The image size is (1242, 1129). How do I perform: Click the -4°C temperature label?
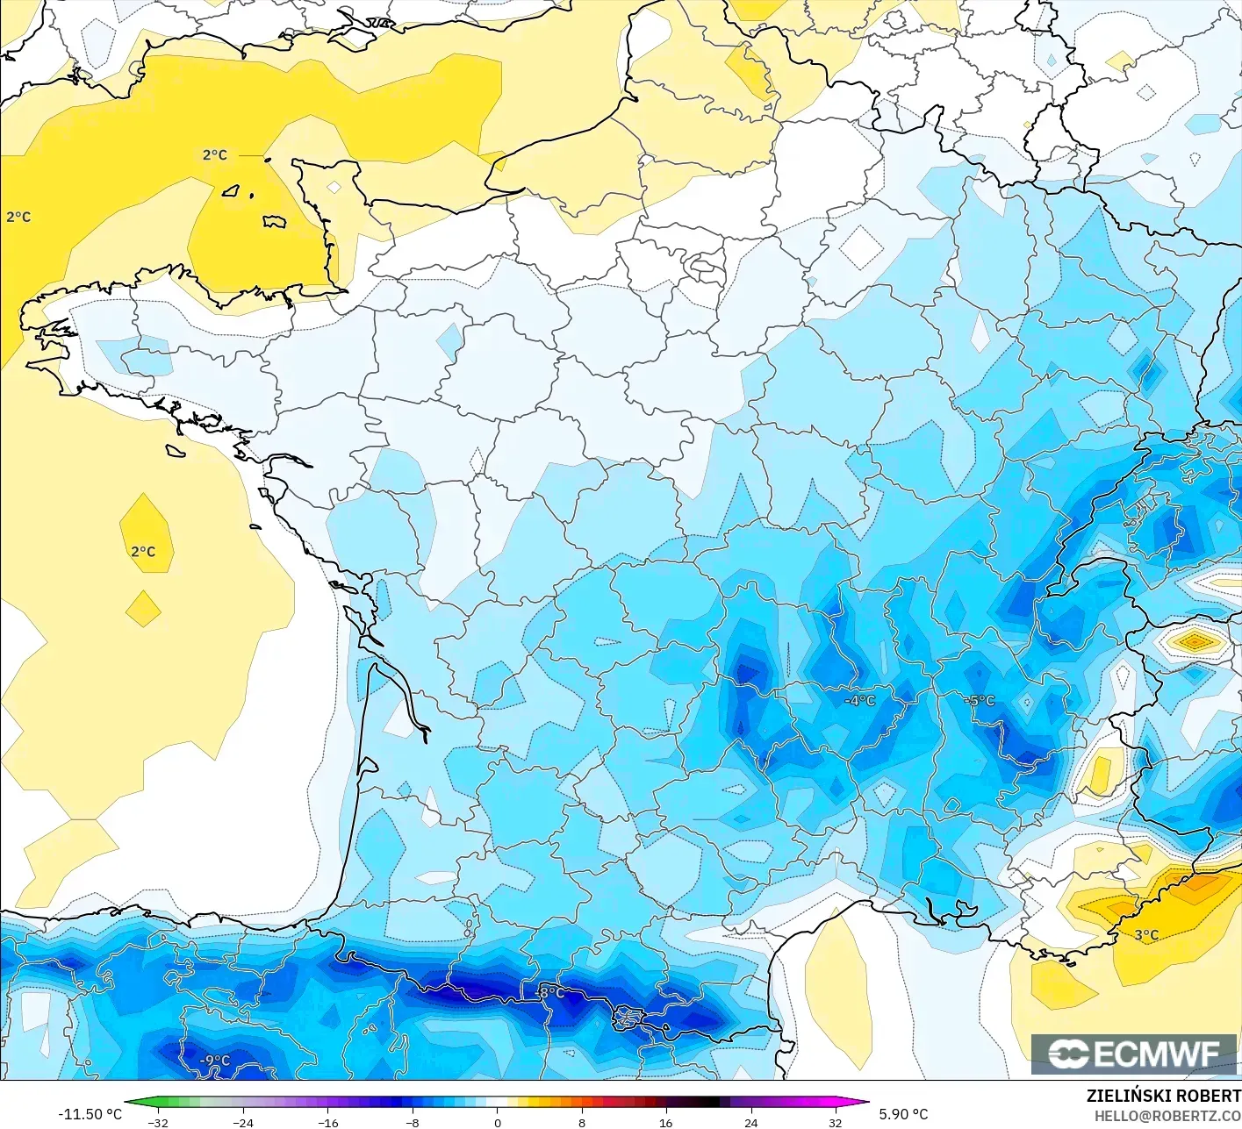[859, 700]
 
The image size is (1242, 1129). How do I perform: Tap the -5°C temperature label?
[979, 700]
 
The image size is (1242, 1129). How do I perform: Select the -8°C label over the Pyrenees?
[550, 992]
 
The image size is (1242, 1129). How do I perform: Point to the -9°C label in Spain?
[214, 1060]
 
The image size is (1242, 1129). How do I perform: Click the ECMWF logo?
[1133, 1054]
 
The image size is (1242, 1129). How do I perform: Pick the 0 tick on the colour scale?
[497, 1122]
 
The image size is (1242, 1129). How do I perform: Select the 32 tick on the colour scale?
[835, 1122]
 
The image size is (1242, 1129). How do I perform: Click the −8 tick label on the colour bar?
[412, 1122]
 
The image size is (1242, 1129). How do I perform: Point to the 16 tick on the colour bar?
[665, 1122]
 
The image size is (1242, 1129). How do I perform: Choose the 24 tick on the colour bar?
[750, 1122]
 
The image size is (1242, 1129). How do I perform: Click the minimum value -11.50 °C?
[90, 1114]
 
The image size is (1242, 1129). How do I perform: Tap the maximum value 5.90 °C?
[903, 1114]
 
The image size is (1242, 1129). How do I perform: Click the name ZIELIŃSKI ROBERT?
[1163, 1096]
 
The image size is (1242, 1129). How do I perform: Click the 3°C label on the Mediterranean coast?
[1145, 935]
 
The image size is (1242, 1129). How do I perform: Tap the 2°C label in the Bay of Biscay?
[143, 552]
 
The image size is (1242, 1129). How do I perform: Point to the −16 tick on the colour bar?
[327, 1122]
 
